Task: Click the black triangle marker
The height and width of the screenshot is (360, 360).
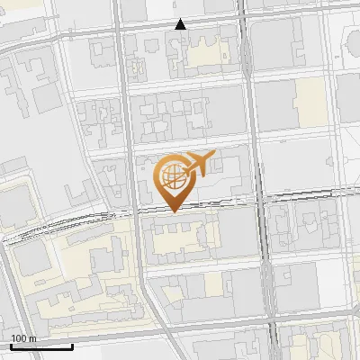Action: pos(181,24)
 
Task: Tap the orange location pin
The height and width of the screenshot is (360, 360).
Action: pos(173,180)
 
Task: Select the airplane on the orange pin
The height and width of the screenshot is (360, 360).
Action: pos(197,165)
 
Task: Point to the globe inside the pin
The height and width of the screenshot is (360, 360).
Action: pos(172,175)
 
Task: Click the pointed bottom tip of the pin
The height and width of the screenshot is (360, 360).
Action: pos(173,211)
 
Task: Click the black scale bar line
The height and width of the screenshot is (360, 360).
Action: pos(40,346)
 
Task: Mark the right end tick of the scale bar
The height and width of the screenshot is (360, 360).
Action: pos(72,345)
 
